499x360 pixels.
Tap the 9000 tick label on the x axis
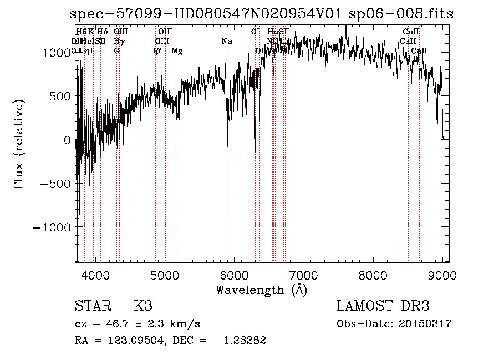point(442,275)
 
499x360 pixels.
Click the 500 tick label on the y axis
point(60,96)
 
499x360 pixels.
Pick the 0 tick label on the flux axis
point(68,140)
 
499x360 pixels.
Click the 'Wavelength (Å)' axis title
point(261,290)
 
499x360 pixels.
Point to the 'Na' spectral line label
point(226,41)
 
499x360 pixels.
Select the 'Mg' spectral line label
point(177,51)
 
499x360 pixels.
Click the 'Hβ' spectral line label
point(155,51)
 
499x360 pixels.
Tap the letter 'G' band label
point(116,51)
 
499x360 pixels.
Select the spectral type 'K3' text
point(143,306)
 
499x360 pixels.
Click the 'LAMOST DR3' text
point(383,306)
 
